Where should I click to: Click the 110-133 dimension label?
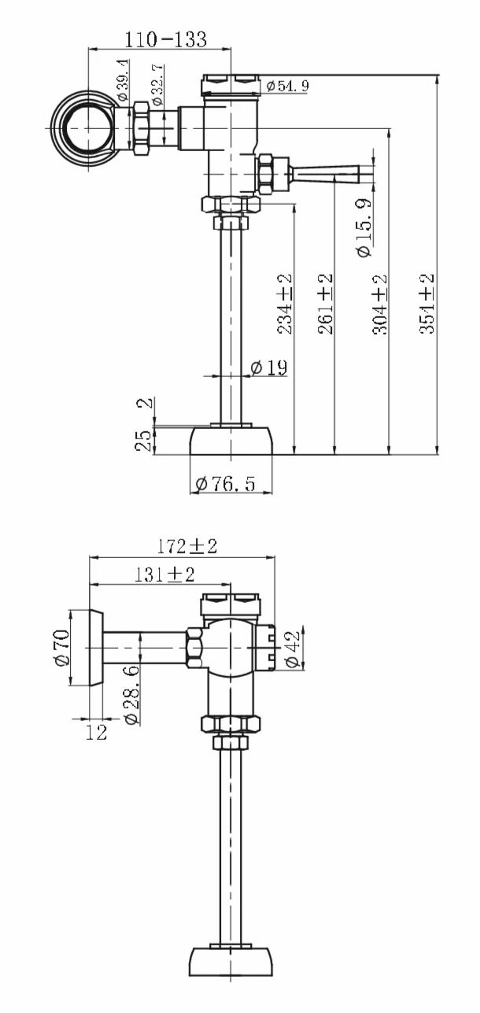[x=165, y=40]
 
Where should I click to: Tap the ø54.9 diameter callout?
[x=287, y=85]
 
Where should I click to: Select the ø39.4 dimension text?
[x=123, y=80]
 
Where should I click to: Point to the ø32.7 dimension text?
[x=157, y=85]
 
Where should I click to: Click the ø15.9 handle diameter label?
[x=364, y=228]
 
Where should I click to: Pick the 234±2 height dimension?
[x=285, y=304]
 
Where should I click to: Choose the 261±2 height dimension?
[x=326, y=304]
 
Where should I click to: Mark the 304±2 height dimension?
[x=379, y=304]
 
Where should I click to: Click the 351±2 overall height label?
[x=426, y=304]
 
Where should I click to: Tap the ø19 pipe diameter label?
[x=268, y=368]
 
